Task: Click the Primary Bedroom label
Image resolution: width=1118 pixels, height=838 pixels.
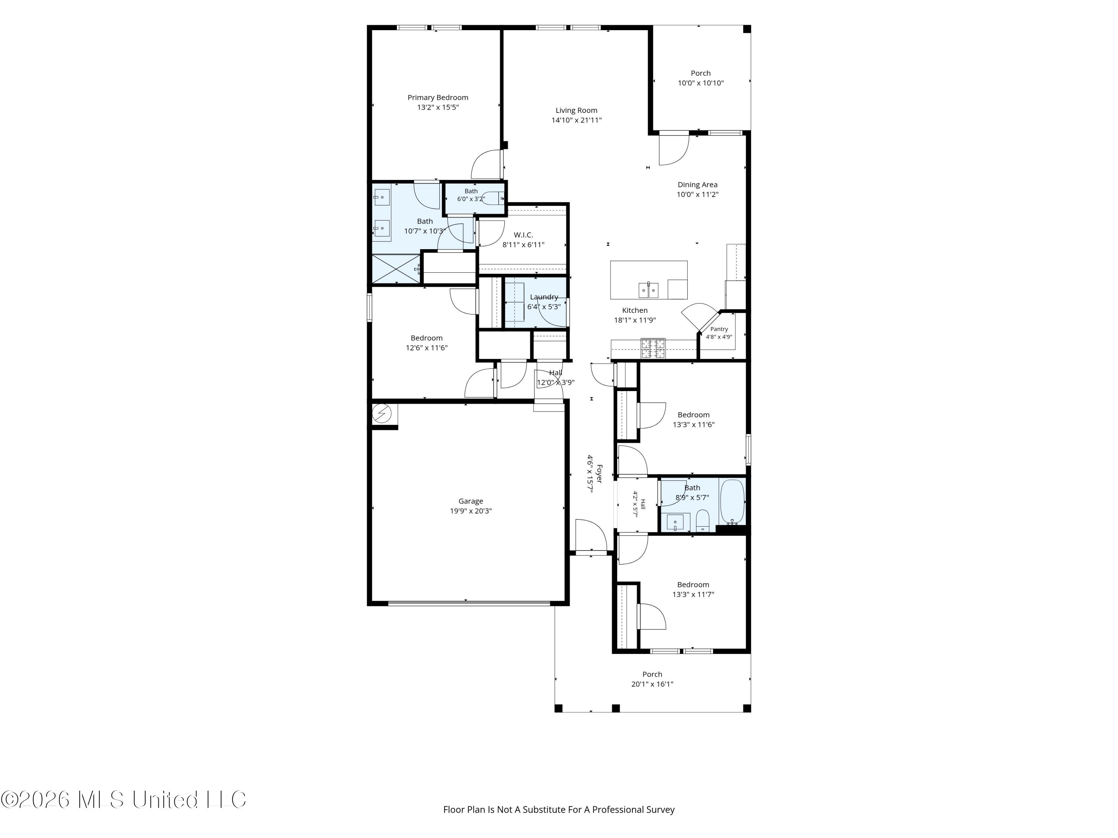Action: coord(438,98)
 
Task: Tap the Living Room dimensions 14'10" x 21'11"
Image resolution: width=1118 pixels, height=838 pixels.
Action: coord(576,120)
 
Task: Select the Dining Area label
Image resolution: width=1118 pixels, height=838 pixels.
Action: coord(698,185)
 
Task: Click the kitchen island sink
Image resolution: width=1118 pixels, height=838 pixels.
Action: coord(648,290)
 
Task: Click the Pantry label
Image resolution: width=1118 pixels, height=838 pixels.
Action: coord(719,329)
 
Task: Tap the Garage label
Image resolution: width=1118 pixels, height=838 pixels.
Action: coord(471,501)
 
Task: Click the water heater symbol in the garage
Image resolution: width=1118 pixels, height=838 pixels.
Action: coord(382,414)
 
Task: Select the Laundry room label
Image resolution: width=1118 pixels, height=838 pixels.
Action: coord(544,297)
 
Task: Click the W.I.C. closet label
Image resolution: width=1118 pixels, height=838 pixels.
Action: coord(523,235)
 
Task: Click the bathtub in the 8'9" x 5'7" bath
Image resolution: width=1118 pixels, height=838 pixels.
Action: coord(732,502)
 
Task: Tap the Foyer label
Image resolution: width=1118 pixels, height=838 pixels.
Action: coord(599,474)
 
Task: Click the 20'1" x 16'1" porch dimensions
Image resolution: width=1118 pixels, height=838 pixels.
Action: coord(652,685)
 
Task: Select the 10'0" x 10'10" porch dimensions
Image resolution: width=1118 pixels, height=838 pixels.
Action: coord(701,83)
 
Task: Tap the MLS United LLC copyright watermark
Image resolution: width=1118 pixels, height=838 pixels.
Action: coord(124,800)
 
